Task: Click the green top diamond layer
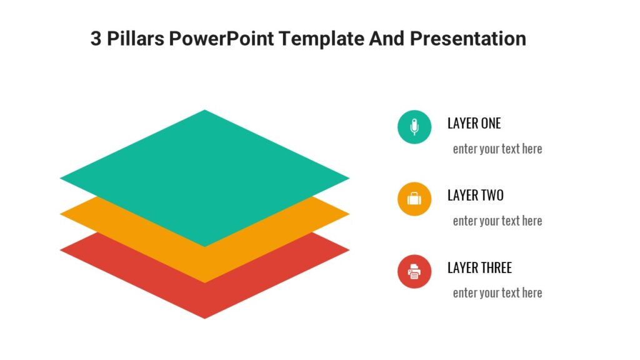[204, 178]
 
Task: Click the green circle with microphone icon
[414, 127]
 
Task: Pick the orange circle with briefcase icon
[414, 199]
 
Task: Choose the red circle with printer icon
[414, 271]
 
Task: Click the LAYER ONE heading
[474, 123]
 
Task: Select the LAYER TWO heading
[475, 196]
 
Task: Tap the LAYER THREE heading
[479, 267]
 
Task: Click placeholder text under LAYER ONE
[497, 149]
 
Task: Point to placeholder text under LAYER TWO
[497, 221]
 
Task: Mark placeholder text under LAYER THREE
[497, 292]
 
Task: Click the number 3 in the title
[96, 39]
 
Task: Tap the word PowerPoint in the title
[222, 39]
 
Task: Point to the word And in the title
[386, 39]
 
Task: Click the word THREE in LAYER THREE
[496, 267]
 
